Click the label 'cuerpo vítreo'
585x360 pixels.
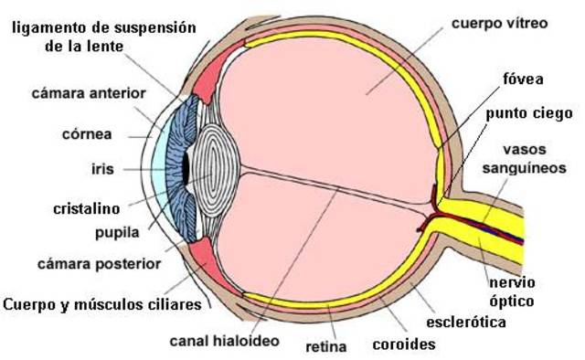pos(499,20)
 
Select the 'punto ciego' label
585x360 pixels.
pos(529,113)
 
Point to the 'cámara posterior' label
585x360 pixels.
pos(99,263)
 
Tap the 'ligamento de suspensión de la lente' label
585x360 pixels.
pos(103,36)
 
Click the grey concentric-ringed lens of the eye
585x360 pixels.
pos(215,168)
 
